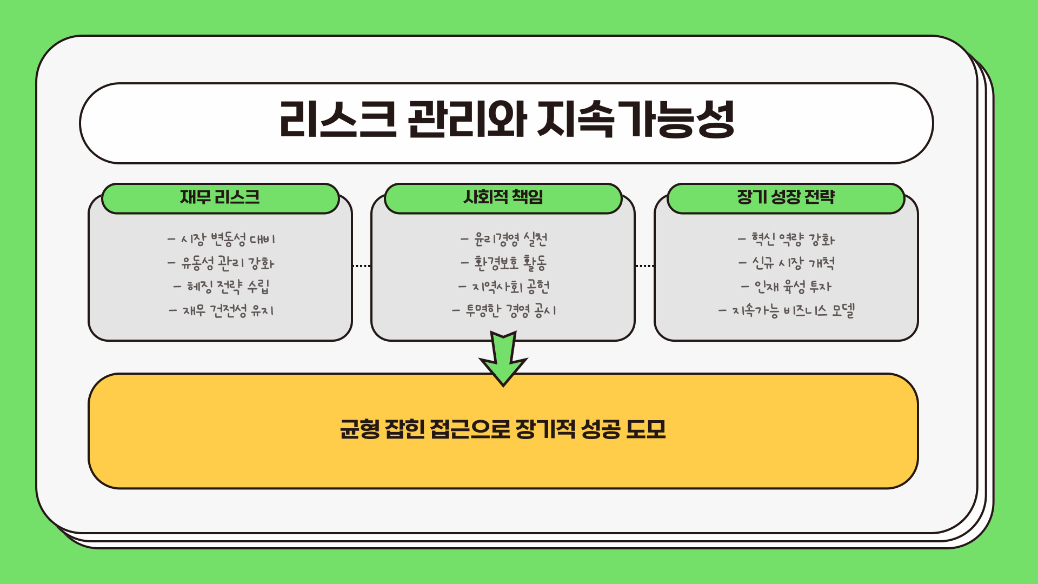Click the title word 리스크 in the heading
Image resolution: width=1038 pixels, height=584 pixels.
click(338, 120)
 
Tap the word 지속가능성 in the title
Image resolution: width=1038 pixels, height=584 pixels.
click(636, 120)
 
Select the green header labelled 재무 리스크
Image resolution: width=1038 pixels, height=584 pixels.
click(220, 197)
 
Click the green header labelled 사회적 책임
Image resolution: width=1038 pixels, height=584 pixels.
click(503, 197)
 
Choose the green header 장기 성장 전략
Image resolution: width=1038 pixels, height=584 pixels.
click(786, 197)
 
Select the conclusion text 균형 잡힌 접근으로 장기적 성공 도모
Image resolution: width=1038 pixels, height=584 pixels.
click(503, 429)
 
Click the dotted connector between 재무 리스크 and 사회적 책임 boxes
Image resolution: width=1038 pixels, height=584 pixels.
click(361, 266)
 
